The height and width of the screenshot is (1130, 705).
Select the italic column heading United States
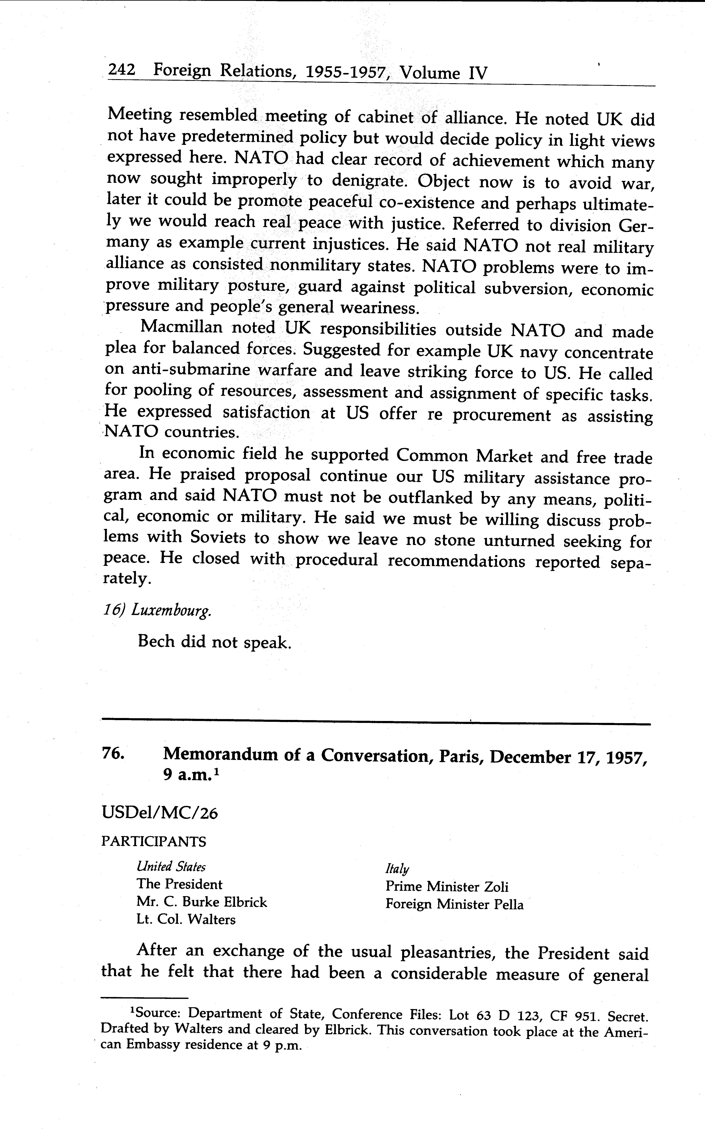(171, 867)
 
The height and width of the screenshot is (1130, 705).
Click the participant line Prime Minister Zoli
(447, 887)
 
